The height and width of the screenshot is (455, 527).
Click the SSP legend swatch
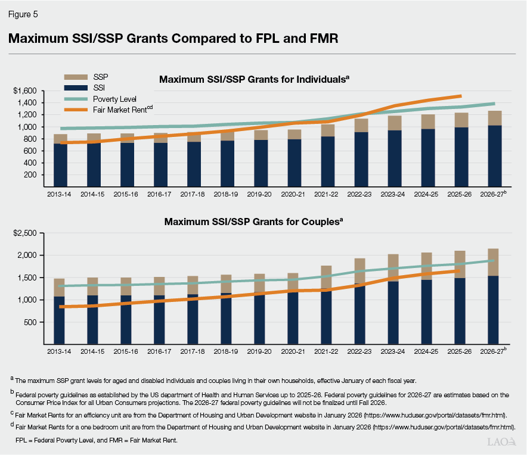(x=75, y=77)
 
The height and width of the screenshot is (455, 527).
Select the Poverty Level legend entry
(x=114, y=98)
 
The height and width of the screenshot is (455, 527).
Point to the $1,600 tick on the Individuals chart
(x=25, y=91)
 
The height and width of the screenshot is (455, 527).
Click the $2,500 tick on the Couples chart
(x=25, y=233)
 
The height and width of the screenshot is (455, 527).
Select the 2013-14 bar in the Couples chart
(x=58, y=311)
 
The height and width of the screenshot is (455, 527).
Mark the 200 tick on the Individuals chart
(x=30, y=175)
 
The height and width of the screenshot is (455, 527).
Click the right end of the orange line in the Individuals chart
(x=460, y=95)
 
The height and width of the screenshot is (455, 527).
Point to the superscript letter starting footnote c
(x=12, y=412)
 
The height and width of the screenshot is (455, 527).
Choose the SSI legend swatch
(x=75, y=88)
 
